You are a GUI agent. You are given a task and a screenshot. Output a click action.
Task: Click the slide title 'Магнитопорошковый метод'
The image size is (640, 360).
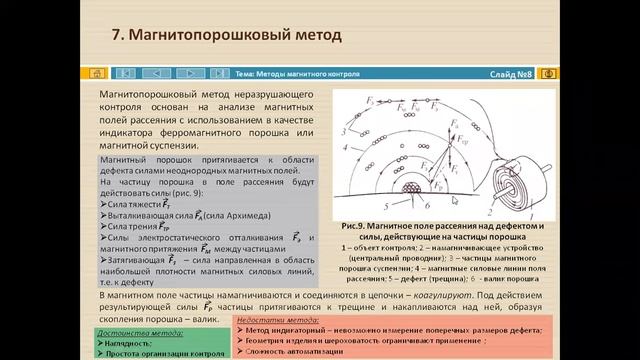pyautogui.click(x=236, y=36)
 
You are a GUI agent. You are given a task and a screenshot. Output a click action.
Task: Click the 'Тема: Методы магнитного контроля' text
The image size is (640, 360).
pyautogui.click(x=297, y=73)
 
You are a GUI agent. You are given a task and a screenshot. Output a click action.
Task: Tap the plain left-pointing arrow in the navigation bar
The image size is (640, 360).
pyautogui.click(x=156, y=73)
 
